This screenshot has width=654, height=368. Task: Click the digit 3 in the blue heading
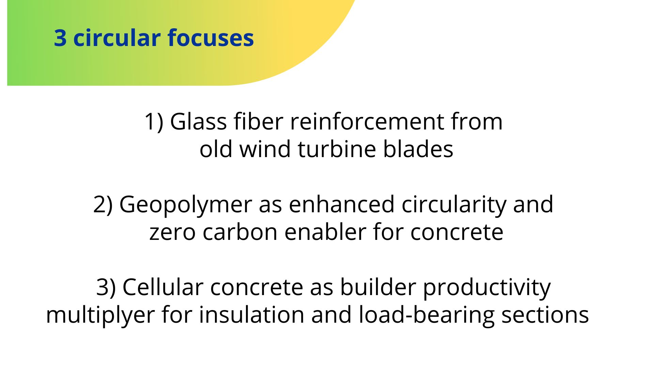click(60, 38)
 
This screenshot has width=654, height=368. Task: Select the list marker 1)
click(154, 122)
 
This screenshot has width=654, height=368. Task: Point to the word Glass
click(198, 121)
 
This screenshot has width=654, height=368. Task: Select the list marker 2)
click(103, 204)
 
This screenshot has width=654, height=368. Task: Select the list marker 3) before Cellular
click(106, 287)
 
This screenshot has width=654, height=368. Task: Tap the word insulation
click(252, 315)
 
